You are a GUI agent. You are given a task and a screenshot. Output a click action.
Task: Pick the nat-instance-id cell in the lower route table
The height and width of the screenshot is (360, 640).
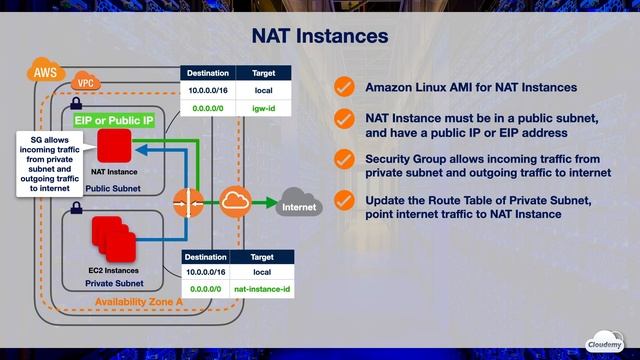263,288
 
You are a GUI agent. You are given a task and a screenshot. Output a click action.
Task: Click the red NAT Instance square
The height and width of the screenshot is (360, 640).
114,148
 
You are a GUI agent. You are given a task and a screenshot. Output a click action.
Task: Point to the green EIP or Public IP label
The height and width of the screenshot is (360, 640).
114,120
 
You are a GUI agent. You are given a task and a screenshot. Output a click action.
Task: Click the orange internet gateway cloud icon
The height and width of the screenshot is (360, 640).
235,200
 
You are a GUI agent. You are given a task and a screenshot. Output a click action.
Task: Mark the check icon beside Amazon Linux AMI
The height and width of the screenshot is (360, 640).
344,87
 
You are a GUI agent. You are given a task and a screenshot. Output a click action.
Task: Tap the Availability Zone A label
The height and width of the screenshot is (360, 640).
140,301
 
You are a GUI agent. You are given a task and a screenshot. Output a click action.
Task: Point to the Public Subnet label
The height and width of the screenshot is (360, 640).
112,187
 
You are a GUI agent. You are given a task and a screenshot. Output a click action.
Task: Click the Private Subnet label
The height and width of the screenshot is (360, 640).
114,283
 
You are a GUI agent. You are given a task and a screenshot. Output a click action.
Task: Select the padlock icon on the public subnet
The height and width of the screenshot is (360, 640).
76,104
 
